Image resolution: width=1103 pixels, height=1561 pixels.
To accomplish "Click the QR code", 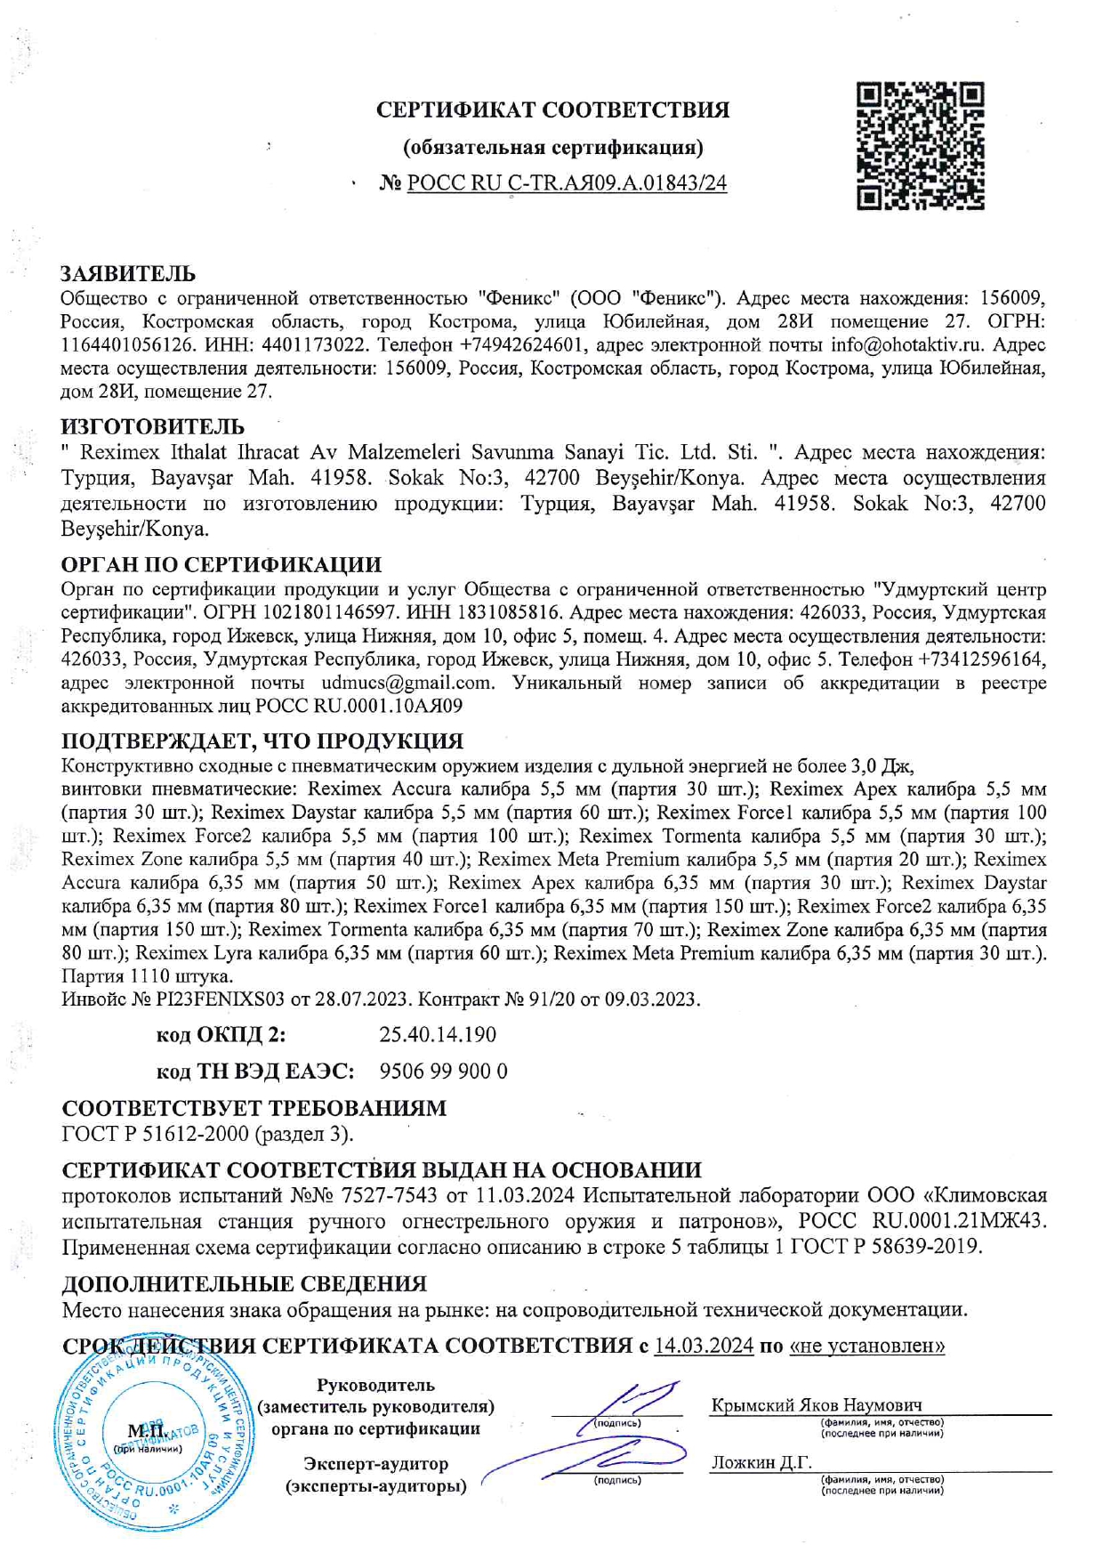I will [921, 146].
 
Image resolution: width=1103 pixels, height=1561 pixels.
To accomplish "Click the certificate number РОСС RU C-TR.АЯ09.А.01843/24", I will [567, 183].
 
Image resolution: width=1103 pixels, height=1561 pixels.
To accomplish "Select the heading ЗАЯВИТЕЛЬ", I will [128, 273].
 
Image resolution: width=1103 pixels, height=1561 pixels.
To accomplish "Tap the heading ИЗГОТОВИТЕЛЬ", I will [152, 427].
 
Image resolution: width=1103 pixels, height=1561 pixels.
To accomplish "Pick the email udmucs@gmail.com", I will [407, 683].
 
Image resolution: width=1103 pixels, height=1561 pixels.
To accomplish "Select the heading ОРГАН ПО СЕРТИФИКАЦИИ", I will [221, 565].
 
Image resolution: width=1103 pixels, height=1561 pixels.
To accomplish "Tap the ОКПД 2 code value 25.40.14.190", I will [438, 1035].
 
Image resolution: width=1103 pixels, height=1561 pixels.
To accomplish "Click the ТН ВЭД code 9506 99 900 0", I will [443, 1072].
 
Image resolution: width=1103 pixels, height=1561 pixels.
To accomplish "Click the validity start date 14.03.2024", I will [704, 1346].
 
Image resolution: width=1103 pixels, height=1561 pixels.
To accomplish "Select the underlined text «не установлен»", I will [866, 1346].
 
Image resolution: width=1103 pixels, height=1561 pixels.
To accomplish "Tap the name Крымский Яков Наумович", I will [816, 1406].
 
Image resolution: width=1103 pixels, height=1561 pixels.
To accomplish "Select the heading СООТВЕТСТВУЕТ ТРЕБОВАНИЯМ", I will [254, 1109].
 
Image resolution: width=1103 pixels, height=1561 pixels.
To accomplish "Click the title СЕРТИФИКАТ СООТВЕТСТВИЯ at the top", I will [552, 110].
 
